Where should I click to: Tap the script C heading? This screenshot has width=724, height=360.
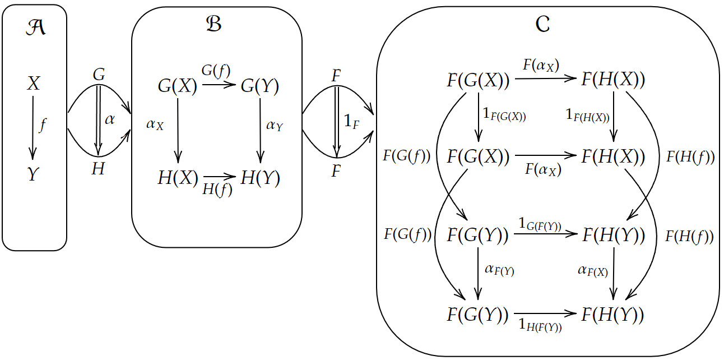[542, 25]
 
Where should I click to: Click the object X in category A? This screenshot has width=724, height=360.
[34, 84]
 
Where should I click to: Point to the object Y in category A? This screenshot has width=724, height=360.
[34, 175]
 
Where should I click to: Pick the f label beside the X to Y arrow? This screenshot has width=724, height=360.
[43, 125]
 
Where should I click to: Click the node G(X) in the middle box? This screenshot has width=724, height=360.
[178, 86]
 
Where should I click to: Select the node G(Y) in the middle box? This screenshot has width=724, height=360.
[260, 86]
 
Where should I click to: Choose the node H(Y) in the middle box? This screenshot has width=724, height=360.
[260, 178]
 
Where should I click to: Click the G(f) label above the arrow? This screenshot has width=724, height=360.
[217, 71]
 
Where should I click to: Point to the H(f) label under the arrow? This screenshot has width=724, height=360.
[217, 190]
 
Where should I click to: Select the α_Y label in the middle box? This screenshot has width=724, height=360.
[275, 126]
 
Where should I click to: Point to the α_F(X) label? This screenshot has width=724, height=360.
[593, 271]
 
